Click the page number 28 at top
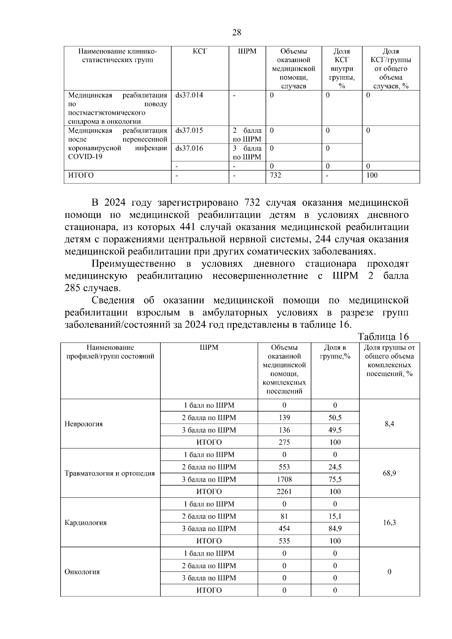click(x=237, y=32)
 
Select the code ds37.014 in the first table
click(x=189, y=95)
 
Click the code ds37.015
click(x=189, y=131)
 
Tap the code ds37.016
click(x=189, y=148)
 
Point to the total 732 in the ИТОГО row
click(x=275, y=175)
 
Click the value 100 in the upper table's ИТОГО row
click(x=372, y=175)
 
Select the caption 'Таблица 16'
click(x=383, y=336)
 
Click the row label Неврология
click(x=84, y=424)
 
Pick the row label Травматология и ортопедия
click(x=110, y=473)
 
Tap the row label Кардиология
click(x=86, y=523)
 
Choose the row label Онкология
click(x=82, y=572)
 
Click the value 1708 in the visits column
click(x=284, y=479)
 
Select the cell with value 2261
click(x=284, y=491)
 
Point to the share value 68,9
click(x=389, y=473)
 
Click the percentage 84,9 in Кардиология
click(x=335, y=529)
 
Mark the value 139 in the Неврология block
click(x=284, y=418)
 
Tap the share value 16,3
click(x=389, y=523)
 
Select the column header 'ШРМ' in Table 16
click(x=209, y=348)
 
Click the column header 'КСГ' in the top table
click(x=200, y=51)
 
